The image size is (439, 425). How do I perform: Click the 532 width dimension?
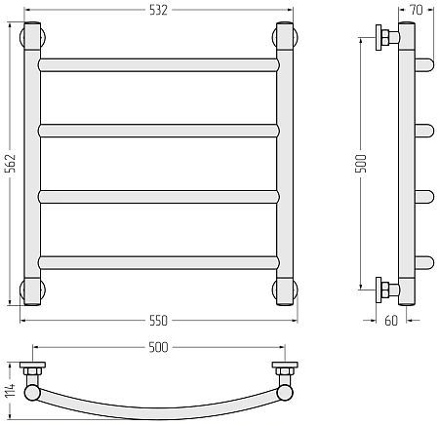point(158,10)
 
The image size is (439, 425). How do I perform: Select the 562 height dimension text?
point(11,163)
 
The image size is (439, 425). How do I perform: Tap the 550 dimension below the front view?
point(158,321)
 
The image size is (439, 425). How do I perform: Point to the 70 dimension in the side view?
point(417,10)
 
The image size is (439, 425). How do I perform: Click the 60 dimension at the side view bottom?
point(391,321)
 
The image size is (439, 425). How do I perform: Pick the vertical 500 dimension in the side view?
point(361,164)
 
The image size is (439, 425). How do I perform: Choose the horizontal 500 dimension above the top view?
point(158,347)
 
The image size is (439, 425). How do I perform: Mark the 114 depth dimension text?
point(11,391)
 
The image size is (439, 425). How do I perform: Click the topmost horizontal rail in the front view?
point(159,65)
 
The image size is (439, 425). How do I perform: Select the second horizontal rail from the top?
point(159,131)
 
